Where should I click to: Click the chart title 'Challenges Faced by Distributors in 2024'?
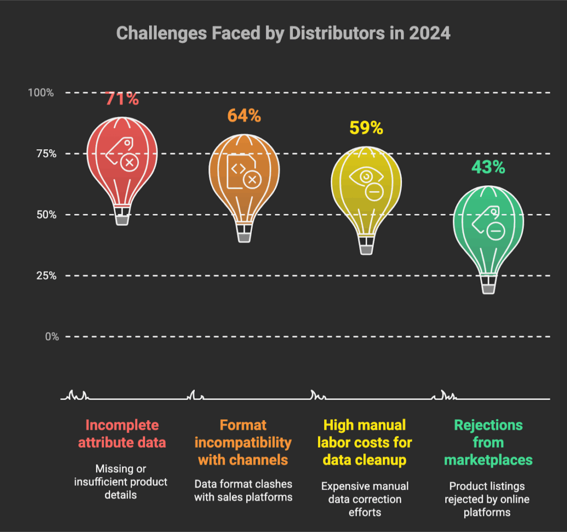[283, 33]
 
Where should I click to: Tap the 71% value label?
[122, 100]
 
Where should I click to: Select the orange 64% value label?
[244, 116]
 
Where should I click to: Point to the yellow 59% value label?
[366, 128]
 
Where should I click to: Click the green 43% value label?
[488, 167]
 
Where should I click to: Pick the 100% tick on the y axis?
[42, 93]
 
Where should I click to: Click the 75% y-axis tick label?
[44, 154]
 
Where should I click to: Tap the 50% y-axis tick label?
[44, 214]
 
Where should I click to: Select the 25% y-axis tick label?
[44, 275]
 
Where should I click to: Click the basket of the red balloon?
[122, 219]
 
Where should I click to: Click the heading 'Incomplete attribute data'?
[122, 434]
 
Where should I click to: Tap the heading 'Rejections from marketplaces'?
[488, 442]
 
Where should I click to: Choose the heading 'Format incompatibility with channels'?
[244, 442]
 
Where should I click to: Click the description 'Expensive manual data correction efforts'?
[365, 499]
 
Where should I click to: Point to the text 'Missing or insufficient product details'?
[121, 481]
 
